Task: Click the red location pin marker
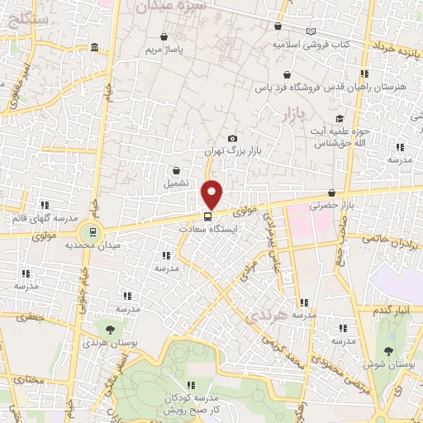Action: click(x=213, y=193)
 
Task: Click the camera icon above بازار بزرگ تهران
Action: click(x=232, y=139)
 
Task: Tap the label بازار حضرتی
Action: click(x=331, y=205)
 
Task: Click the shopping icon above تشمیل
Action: click(x=177, y=169)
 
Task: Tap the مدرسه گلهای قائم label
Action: click(x=41, y=217)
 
